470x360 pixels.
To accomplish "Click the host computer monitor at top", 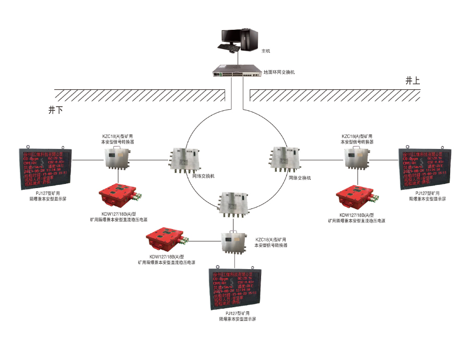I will (x=232, y=37).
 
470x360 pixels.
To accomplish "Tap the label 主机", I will (x=266, y=51).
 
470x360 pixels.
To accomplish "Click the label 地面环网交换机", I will (x=279, y=72).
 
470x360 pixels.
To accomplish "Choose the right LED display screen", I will (x=424, y=170).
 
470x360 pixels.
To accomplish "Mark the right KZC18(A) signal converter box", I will (x=357, y=157).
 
